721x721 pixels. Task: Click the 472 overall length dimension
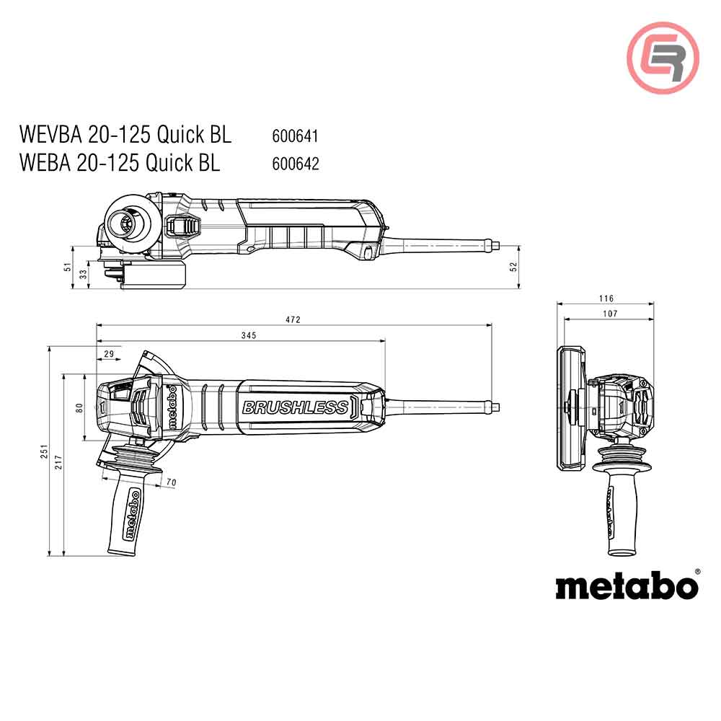[x=293, y=319]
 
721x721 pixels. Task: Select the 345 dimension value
[x=249, y=335]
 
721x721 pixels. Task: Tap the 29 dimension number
[x=109, y=353]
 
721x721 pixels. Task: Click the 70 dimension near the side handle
[x=172, y=481]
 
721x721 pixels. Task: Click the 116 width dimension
[x=606, y=298]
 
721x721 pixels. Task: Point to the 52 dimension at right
[x=513, y=266]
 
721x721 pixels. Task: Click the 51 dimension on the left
[x=68, y=267]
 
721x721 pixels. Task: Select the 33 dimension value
[x=83, y=274]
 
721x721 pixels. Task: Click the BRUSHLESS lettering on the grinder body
[x=294, y=407]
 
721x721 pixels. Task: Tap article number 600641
[x=296, y=136]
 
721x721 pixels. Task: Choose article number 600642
[x=296, y=164]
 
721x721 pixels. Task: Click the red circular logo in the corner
[x=663, y=58]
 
